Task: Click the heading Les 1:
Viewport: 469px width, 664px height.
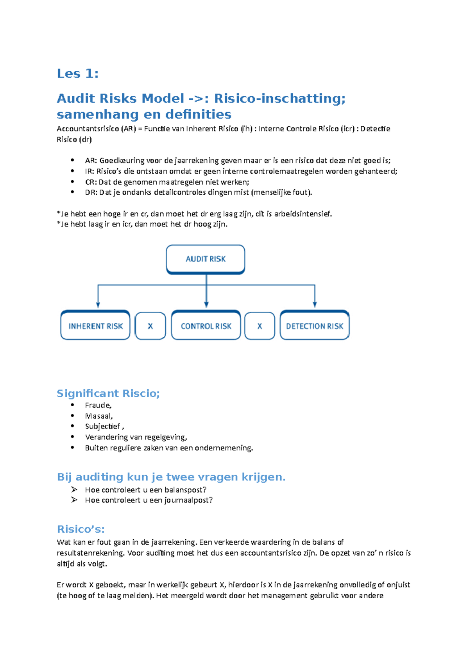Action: click(x=77, y=74)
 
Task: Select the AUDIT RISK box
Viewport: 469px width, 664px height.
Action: click(x=206, y=259)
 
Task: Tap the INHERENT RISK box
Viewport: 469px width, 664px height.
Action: click(x=95, y=326)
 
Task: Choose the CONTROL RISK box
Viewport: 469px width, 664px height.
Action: click(x=206, y=326)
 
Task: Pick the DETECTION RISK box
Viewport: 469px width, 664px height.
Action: click(x=315, y=326)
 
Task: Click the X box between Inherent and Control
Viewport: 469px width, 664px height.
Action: click(x=150, y=326)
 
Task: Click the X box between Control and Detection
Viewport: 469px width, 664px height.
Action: click(x=260, y=326)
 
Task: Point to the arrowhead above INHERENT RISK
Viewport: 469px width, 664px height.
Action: click(x=98, y=305)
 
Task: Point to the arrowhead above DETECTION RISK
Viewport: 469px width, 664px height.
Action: click(x=315, y=305)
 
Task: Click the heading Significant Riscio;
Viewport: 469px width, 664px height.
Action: click(x=108, y=393)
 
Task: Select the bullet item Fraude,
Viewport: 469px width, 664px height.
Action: click(x=98, y=406)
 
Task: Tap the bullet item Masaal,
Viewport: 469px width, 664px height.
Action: click(x=99, y=416)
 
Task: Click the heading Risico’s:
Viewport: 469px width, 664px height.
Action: click(x=81, y=529)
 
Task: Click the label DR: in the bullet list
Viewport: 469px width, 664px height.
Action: click(x=91, y=192)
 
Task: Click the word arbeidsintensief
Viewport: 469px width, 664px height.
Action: click(x=303, y=214)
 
